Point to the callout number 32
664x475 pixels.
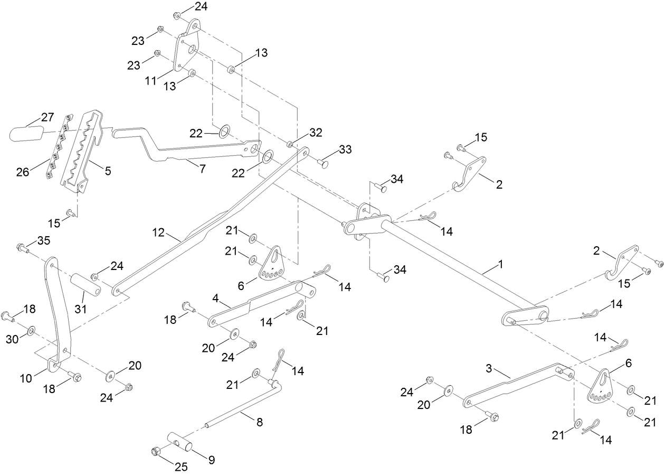tap(316, 132)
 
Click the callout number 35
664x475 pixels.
tap(43, 241)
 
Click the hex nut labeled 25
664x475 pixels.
tap(156, 452)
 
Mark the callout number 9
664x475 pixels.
tap(211, 460)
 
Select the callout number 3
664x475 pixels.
tap(489, 367)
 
